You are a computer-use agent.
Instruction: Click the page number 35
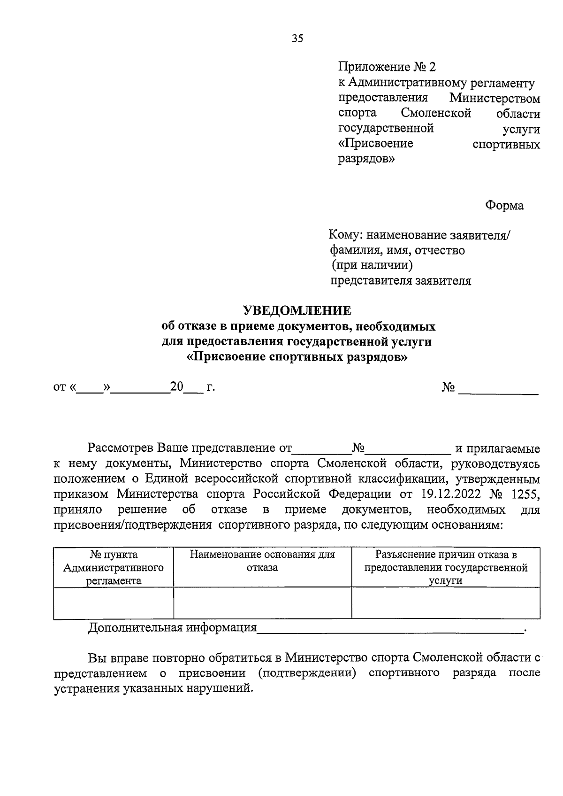pos(297,39)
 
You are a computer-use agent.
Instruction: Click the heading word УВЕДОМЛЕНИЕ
pos(297,310)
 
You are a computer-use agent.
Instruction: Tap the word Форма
pos(504,206)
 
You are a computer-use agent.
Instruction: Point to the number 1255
pos(526,494)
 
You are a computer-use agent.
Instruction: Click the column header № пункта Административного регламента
pos(114,567)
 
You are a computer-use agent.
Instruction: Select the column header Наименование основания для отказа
pos(262,561)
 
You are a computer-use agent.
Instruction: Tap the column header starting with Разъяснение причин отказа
pos(445,567)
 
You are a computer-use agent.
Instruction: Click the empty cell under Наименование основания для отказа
pos(262,603)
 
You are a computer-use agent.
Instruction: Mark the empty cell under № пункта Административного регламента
pos(114,603)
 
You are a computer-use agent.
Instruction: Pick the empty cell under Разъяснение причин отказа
pos(445,603)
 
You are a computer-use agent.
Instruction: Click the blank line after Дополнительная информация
pos(389,628)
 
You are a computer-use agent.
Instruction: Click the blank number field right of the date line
pos(498,389)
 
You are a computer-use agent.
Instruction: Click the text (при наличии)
pos(372,266)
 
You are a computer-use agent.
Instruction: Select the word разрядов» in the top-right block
pos(366,159)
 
